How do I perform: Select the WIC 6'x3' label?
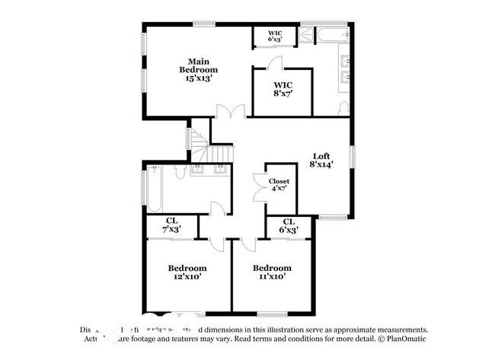275,36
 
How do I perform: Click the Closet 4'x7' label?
279,185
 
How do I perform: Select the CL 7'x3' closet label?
172,225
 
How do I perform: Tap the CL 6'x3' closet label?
289,225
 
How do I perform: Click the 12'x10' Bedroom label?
187,272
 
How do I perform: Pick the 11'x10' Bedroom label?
272,272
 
